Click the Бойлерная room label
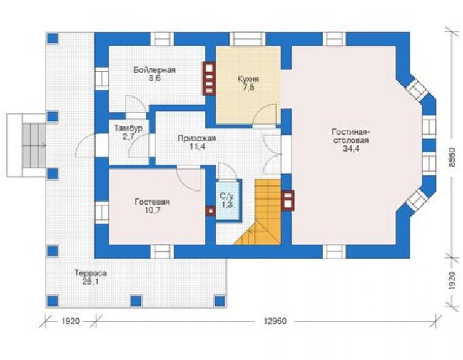pyautogui.click(x=155, y=70)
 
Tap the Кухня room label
pyautogui.click(x=248, y=80)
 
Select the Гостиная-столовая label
pyautogui.click(x=351, y=135)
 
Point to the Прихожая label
pyautogui.click(x=197, y=138)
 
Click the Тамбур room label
pyautogui.click(x=128, y=128)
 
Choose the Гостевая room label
pyautogui.click(x=152, y=202)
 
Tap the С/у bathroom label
pyautogui.click(x=226, y=196)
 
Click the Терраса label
pyautogui.click(x=91, y=273)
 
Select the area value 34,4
pyautogui.click(x=351, y=148)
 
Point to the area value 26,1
pyautogui.click(x=91, y=282)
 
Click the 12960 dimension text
pyautogui.click(x=275, y=321)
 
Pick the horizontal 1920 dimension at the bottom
pyautogui.click(x=71, y=321)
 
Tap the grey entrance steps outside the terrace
pyautogui.click(x=34, y=145)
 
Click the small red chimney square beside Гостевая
pyautogui.click(x=210, y=211)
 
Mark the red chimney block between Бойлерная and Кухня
pyautogui.click(x=209, y=79)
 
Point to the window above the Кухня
pyautogui.click(x=247, y=39)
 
